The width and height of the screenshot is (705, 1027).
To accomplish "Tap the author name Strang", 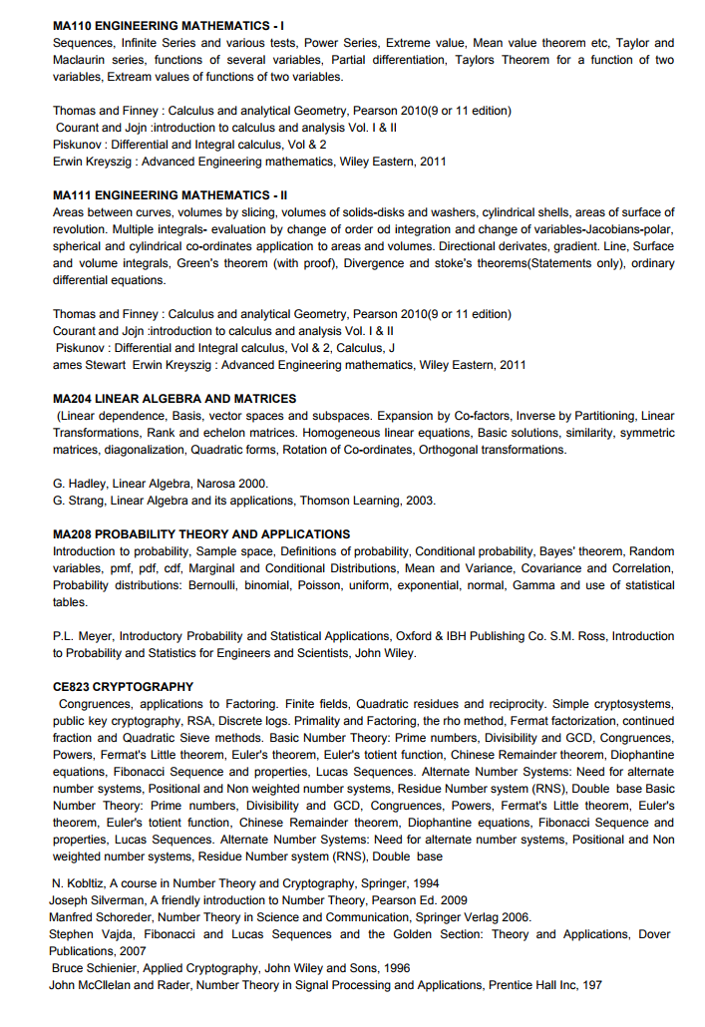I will (x=85, y=501).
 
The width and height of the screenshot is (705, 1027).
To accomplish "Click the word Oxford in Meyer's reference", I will (x=416, y=636).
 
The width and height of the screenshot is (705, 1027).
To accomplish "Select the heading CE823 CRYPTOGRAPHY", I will (x=123, y=687).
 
